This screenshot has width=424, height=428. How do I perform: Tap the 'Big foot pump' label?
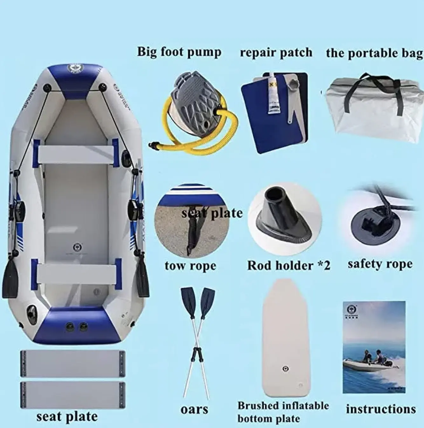tap(179, 52)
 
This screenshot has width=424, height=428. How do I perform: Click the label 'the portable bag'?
tap(374, 53)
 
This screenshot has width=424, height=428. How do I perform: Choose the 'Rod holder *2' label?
tap(289, 265)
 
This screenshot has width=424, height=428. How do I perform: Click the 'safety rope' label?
tap(380, 264)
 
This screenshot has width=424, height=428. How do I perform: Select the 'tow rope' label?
tap(190, 266)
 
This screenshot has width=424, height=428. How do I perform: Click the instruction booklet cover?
tap(374, 347)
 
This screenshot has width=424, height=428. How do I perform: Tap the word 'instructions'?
tap(381, 409)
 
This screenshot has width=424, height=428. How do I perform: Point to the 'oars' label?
tap(194, 410)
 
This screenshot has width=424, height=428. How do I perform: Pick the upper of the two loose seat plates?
tap(72, 363)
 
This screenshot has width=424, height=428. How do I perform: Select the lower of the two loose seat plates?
tap(72, 395)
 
